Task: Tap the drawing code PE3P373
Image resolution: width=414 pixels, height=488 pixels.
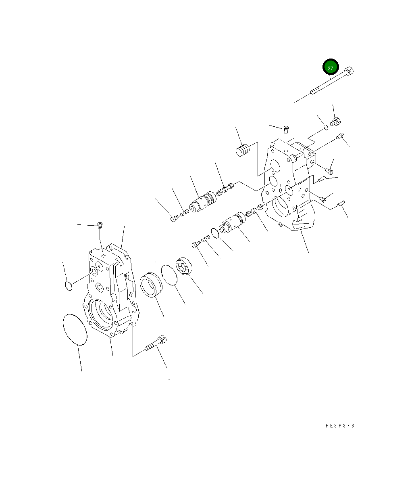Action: (x=340, y=426)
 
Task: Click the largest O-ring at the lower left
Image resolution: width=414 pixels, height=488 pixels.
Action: (x=75, y=330)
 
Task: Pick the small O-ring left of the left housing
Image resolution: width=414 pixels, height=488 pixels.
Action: (x=69, y=286)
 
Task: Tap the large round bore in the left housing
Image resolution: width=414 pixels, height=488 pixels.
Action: (x=101, y=314)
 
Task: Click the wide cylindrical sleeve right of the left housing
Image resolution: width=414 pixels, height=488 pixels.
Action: (x=151, y=285)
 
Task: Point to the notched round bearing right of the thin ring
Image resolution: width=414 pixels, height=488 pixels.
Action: (x=184, y=266)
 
